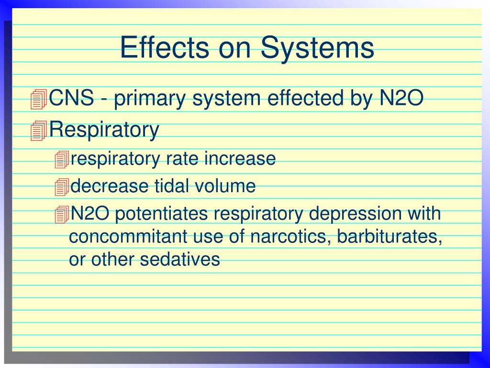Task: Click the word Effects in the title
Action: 165,48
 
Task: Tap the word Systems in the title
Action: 317,48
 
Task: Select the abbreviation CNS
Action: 72,99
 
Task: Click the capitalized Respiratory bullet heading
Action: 104,129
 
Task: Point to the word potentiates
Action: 162,214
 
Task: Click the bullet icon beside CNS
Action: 38,99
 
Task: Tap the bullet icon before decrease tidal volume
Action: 62,187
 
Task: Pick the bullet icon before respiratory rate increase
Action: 62,159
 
